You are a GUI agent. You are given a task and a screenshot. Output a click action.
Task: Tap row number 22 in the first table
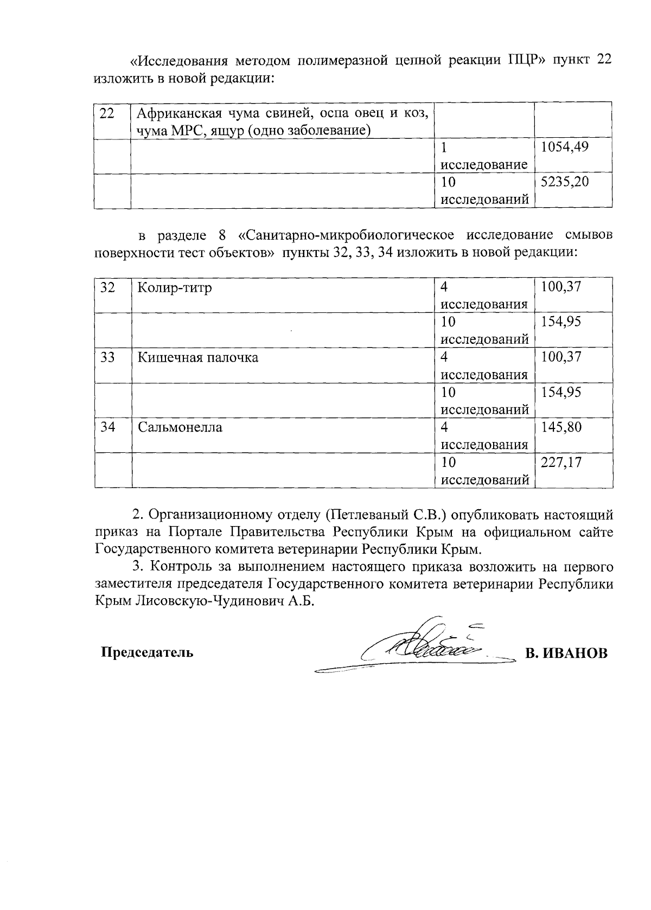coord(108,113)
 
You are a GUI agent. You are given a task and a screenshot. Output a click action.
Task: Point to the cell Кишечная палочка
coord(197,357)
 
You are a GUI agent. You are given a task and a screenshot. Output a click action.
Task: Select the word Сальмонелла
coord(180,427)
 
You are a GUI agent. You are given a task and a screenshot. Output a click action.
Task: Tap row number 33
coord(108,357)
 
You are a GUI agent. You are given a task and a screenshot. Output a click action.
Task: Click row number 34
coord(108,427)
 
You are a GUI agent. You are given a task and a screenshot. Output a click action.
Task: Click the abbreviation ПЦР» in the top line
coord(526,60)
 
